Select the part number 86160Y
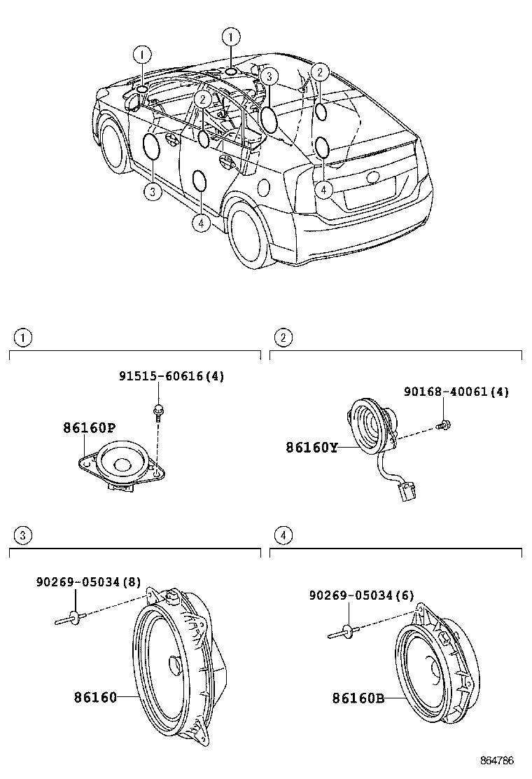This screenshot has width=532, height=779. (x=311, y=446)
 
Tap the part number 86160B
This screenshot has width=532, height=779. (x=358, y=698)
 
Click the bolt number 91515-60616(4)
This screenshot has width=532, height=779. (x=171, y=376)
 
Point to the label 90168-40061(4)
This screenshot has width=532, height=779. (x=456, y=392)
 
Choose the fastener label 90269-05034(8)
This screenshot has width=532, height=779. (x=88, y=581)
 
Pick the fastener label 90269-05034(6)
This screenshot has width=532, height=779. (x=361, y=595)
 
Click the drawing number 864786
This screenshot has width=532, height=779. (x=497, y=760)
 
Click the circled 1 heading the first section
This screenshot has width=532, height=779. (x=23, y=338)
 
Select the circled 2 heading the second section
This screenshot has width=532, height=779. (x=282, y=338)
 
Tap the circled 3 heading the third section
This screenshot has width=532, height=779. (x=23, y=536)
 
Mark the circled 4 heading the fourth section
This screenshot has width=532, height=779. (x=282, y=536)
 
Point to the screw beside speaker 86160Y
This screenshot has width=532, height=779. (x=442, y=425)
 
